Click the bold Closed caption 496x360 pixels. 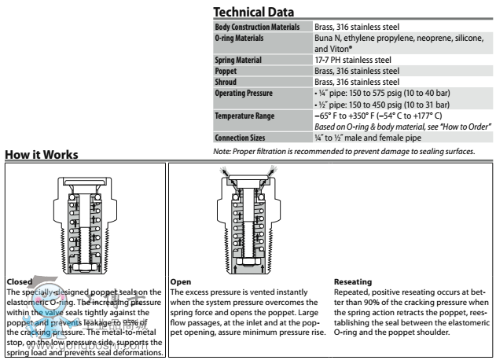click(16, 278)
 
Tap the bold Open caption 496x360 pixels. click(179, 278)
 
